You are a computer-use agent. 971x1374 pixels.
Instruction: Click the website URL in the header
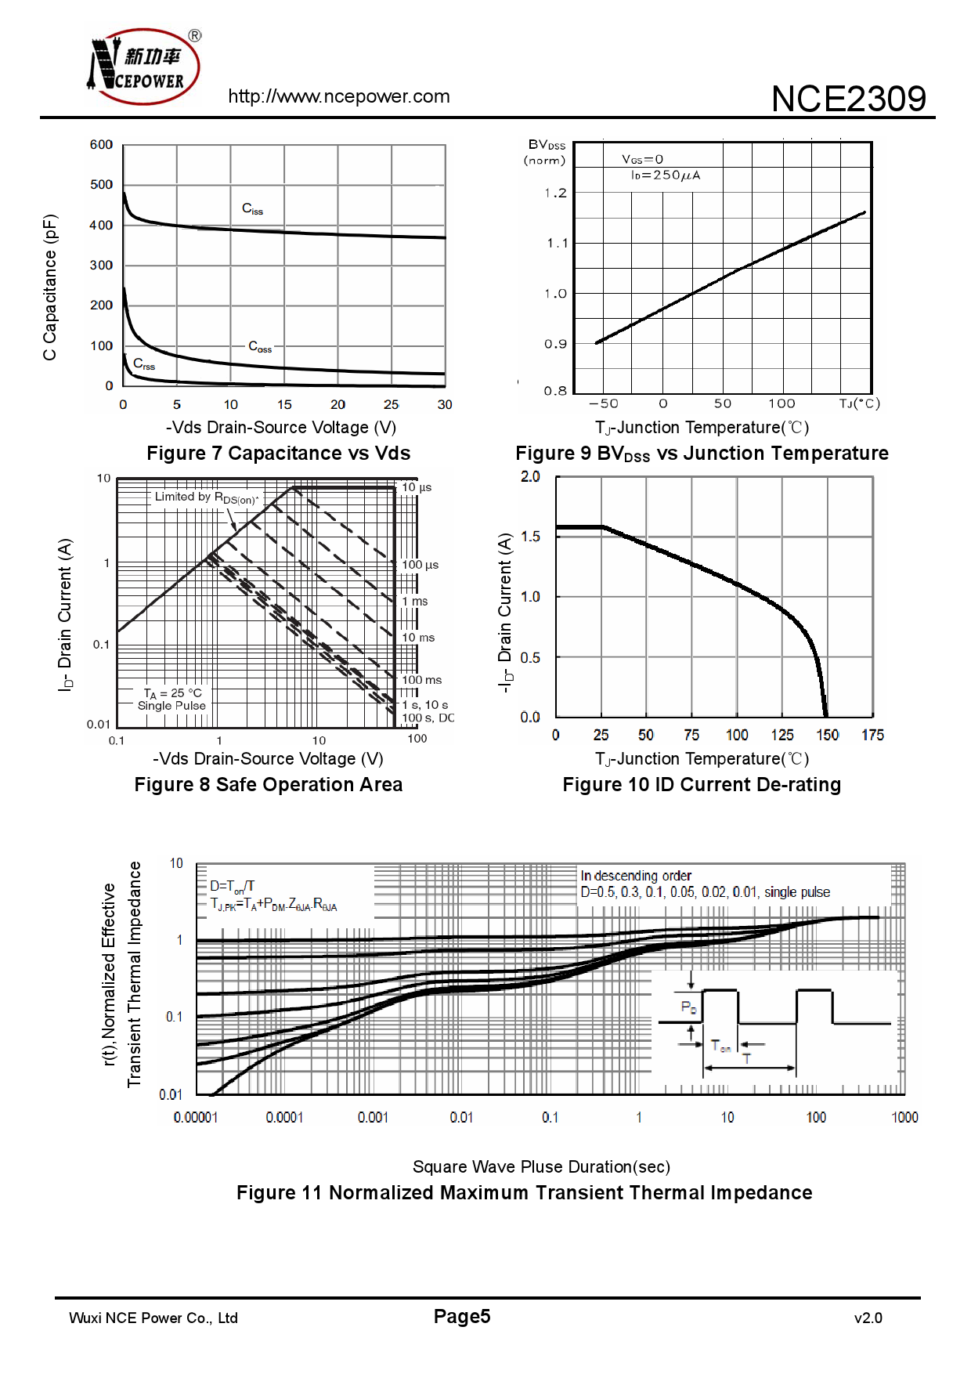[x=338, y=96]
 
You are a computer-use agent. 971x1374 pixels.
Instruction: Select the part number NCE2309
[x=848, y=99]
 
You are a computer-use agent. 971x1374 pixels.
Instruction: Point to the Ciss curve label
[x=252, y=208]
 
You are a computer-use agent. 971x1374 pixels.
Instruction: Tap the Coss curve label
[x=259, y=346]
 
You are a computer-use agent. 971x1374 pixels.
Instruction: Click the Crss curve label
[x=144, y=364]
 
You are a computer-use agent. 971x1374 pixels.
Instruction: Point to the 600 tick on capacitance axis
[x=101, y=145]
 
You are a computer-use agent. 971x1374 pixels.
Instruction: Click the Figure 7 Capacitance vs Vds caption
[x=278, y=454]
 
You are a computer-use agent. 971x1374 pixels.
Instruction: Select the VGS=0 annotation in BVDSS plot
[x=642, y=160]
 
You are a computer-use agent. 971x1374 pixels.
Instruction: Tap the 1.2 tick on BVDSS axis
[x=555, y=193]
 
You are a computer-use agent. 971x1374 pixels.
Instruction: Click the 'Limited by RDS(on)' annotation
[x=206, y=497]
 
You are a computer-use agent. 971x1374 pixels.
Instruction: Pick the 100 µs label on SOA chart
[x=420, y=565]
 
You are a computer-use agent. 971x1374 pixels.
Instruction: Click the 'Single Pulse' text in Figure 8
[x=171, y=706]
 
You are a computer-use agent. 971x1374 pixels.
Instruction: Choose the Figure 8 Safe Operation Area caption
[x=268, y=785]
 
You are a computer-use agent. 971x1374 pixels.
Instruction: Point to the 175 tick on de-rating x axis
[x=872, y=735]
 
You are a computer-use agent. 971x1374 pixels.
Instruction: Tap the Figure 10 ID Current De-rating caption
[x=702, y=785]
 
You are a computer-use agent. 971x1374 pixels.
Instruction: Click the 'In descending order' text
[x=636, y=876]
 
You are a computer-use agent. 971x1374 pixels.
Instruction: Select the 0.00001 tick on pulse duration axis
[x=196, y=1118]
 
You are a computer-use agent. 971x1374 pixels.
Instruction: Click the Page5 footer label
[x=462, y=1317]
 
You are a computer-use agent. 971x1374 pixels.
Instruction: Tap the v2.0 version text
[x=868, y=1318]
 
